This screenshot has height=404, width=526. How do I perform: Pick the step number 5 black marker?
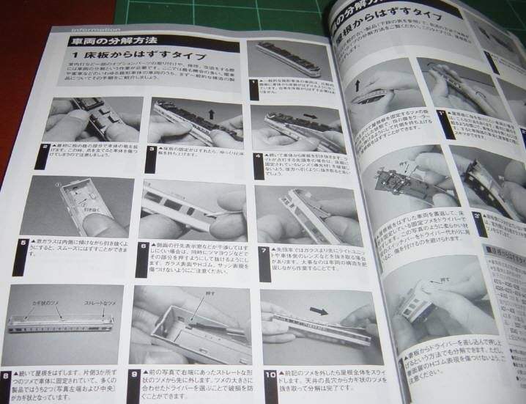coord(25,243)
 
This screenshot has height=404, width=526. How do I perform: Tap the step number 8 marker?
coord(7,378)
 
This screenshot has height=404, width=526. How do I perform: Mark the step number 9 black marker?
coord(134,375)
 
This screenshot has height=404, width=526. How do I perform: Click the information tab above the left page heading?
coord(88,28)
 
